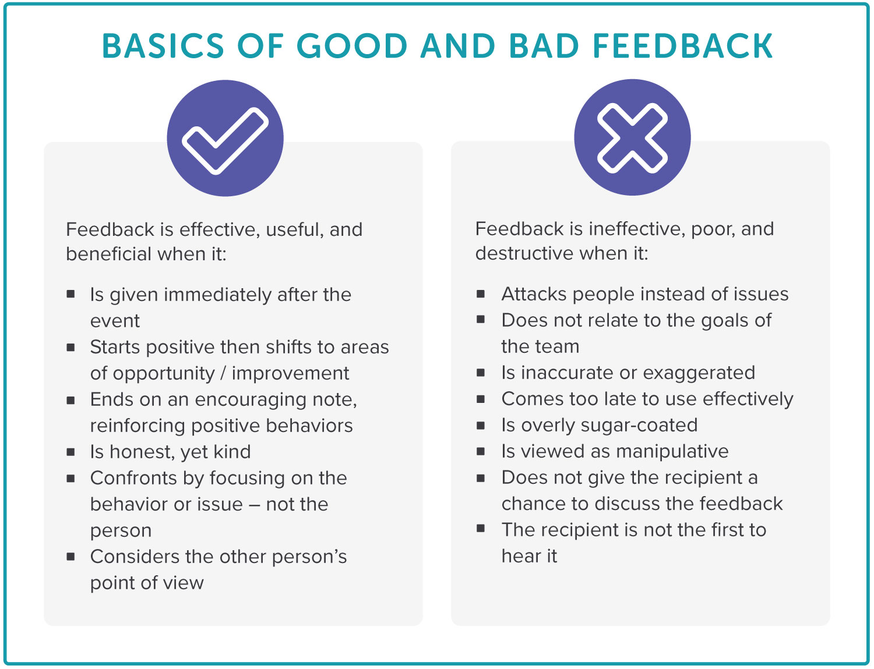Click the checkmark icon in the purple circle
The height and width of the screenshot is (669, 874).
tap(225, 140)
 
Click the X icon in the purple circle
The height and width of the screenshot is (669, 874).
tap(632, 138)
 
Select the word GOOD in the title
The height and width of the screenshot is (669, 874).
tap(352, 46)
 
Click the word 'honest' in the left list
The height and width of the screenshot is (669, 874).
tap(142, 452)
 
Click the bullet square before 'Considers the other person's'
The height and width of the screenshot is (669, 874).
tap(71, 556)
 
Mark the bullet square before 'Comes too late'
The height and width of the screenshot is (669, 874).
tap(481, 399)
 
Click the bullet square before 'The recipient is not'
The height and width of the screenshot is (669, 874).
tap(481, 529)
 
